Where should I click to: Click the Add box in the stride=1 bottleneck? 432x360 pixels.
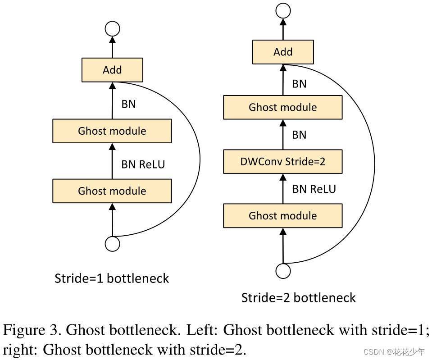[x=112, y=70]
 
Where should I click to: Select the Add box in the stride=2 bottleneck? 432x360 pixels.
[x=283, y=52]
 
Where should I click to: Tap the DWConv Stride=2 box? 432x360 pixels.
[x=283, y=161]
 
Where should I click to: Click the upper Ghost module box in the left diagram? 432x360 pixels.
[x=112, y=131]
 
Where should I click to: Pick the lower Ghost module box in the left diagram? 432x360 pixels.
[x=112, y=191]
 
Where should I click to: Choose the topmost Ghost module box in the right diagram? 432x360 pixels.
[x=283, y=107]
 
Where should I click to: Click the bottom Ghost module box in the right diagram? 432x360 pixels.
[x=283, y=215]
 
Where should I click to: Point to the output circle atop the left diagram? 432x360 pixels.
[x=112, y=29]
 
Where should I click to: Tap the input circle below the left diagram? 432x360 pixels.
[x=112, y=244]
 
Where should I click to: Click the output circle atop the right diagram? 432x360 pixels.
[x=283, y=11]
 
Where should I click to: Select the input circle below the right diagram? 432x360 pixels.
[x=283, y=271]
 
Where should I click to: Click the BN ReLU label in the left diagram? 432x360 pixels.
[x=143, y=164]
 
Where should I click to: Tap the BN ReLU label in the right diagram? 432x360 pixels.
[x=314, y=189]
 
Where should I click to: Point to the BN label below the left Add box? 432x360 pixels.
[x=129, y=104]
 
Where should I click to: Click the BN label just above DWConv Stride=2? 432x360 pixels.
[x=299, y=135]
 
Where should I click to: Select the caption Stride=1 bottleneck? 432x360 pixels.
[x=112, y=278]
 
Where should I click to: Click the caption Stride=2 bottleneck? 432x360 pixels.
[x=298, y=298]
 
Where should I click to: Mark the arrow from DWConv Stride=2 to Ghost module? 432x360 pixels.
[x=283, y=134]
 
